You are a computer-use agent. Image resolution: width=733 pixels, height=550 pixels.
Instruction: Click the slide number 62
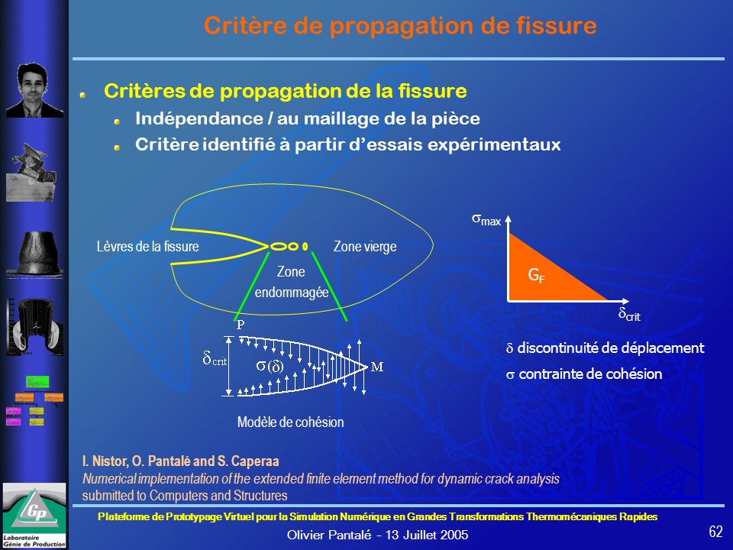coord(715,532)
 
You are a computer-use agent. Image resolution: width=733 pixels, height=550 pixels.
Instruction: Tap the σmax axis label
coord(486,219)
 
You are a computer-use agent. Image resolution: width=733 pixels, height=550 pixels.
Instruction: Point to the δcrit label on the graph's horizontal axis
coord(629,314)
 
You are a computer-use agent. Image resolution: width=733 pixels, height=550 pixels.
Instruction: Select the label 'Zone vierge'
coord(365,247)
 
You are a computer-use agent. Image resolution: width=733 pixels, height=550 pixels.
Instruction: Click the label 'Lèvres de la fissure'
coord(147,247)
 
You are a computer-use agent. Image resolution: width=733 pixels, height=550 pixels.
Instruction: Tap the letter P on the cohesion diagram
coord(241,325)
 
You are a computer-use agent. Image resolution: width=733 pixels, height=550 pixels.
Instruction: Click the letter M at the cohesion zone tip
coord(376,367)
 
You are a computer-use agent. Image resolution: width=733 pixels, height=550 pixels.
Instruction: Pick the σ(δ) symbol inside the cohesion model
coord(270,366)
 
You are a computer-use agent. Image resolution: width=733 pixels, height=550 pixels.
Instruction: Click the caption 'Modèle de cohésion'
coord(290,422)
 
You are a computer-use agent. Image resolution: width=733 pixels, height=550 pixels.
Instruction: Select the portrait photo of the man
coord(34,90)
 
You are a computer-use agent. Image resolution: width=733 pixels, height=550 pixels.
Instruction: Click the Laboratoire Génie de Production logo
coord(34,516)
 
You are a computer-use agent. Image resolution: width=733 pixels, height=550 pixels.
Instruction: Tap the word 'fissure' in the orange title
coord(557,25)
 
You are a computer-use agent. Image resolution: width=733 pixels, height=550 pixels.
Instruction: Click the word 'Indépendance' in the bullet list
coord(199,118)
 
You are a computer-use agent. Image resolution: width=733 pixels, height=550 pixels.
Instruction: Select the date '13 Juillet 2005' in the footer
coord(427,535)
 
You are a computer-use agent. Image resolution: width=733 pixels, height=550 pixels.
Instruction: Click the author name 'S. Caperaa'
coord(248,461)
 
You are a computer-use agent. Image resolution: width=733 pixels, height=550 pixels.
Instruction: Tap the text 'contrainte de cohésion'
coord(590,374)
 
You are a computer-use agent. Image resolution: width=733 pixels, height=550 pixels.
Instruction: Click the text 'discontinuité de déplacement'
coord(611,348)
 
